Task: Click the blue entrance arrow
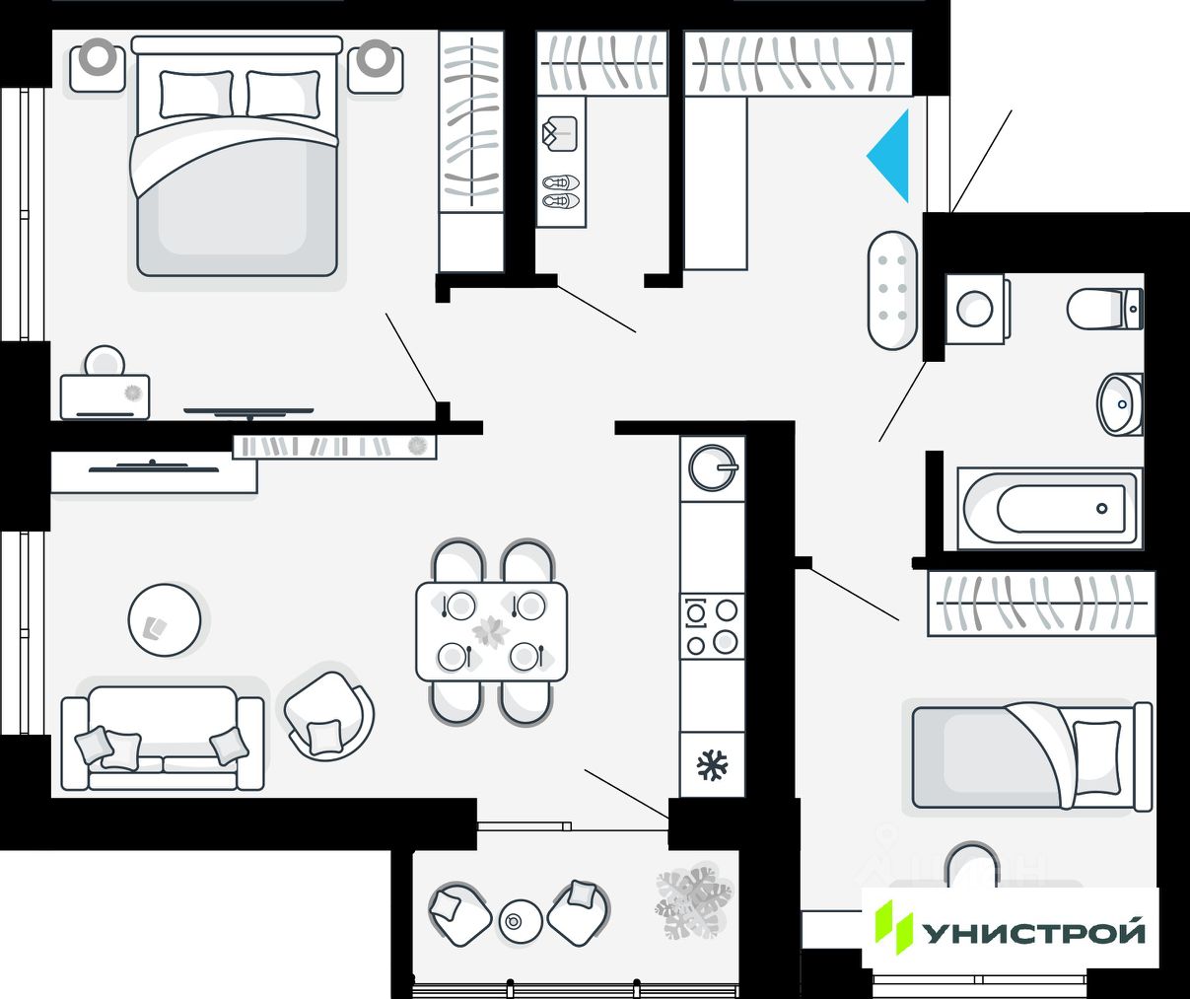point(892,156)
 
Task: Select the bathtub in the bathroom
point(1050,509)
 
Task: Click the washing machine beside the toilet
point(975,309)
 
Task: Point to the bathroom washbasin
point(1119,403)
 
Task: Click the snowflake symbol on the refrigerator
point(712,765)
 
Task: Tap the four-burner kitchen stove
point(712,626)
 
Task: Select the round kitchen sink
point(712,466)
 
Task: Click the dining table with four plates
point(491,631)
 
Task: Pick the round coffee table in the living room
point(165,620)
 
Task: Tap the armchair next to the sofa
point(329,714)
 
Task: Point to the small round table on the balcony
point(520,921)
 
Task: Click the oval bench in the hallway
point(892,290)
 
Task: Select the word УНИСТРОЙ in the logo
point(1034,932)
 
